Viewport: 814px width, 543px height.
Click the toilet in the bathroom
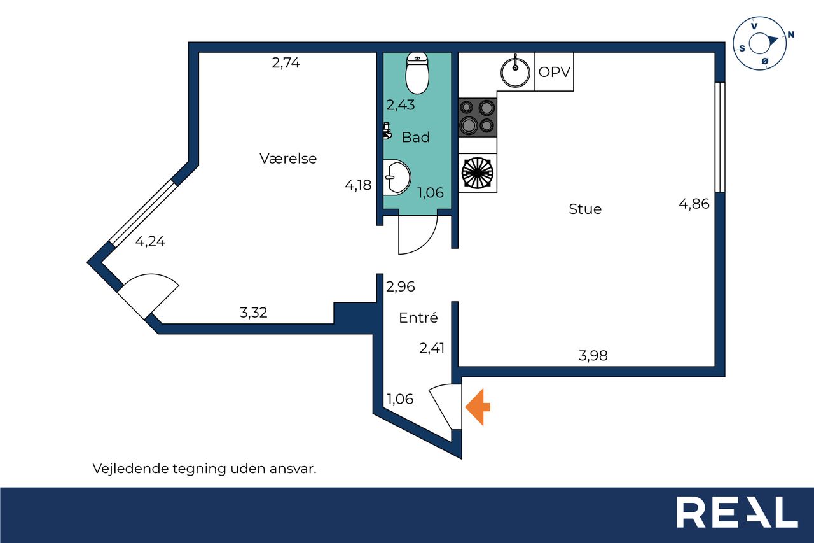coord(417,73)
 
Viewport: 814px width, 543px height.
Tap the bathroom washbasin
coord(397,178)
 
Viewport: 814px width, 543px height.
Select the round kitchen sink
coord(515,72)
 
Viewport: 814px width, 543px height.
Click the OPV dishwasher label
coord(554,72)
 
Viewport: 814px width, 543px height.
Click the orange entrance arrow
coord(478,407)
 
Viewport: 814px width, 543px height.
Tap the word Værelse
coord(288,159)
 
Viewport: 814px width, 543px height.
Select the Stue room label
coord(585,209)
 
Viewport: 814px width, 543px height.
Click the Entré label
coord(418,318)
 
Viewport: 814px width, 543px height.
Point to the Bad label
coord(416,137)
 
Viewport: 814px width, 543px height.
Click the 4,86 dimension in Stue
coord(694,204)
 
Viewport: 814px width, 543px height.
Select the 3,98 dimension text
coord(593,355)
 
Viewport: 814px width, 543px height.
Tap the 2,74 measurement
coord(286,63)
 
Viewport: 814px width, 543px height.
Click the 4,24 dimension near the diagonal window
coord(151,241)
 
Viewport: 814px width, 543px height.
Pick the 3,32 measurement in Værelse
coord(254,313)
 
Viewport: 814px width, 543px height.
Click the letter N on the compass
coord(790,34)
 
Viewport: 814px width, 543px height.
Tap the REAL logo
coord(737,512)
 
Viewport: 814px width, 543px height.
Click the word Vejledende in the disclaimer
coord(130,469)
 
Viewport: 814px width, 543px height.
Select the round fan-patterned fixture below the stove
coord(477,173)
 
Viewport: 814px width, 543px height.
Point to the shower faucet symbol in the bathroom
coord(387,130)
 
